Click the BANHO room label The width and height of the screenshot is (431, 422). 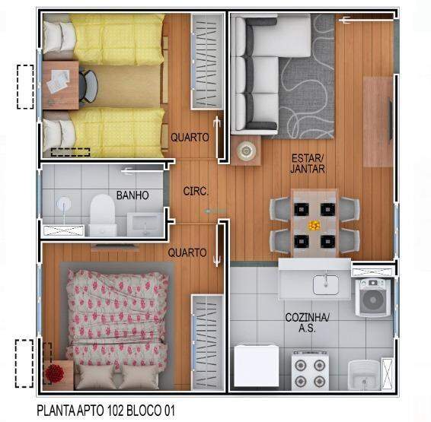tap(132, 195)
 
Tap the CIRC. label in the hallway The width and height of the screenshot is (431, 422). tap(196, 191)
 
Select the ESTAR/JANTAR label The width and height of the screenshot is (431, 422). tap(308, 163)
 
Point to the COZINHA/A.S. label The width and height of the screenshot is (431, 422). tap(307, 322)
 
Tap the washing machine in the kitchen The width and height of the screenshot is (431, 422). tap(373, 297)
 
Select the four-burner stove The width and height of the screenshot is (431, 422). tap(310, 370)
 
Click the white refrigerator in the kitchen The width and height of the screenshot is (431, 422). tap(256, 366)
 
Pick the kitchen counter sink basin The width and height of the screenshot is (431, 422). tap(326, 284)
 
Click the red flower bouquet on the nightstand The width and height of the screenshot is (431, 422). tap(55, 373)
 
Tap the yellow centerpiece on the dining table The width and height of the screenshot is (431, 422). tap(314, 226)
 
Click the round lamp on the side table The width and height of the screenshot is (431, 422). tap(246, 151)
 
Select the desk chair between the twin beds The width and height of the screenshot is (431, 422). tap(88, 86)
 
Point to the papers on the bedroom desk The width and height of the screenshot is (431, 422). tap(58, 81)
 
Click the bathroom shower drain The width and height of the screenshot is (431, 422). tap(63, 203)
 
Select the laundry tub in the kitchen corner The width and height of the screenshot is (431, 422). tap(364, 375)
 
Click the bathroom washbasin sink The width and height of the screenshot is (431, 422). tap(144, 224)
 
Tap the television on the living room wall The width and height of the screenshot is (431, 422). tap(390, 120)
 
